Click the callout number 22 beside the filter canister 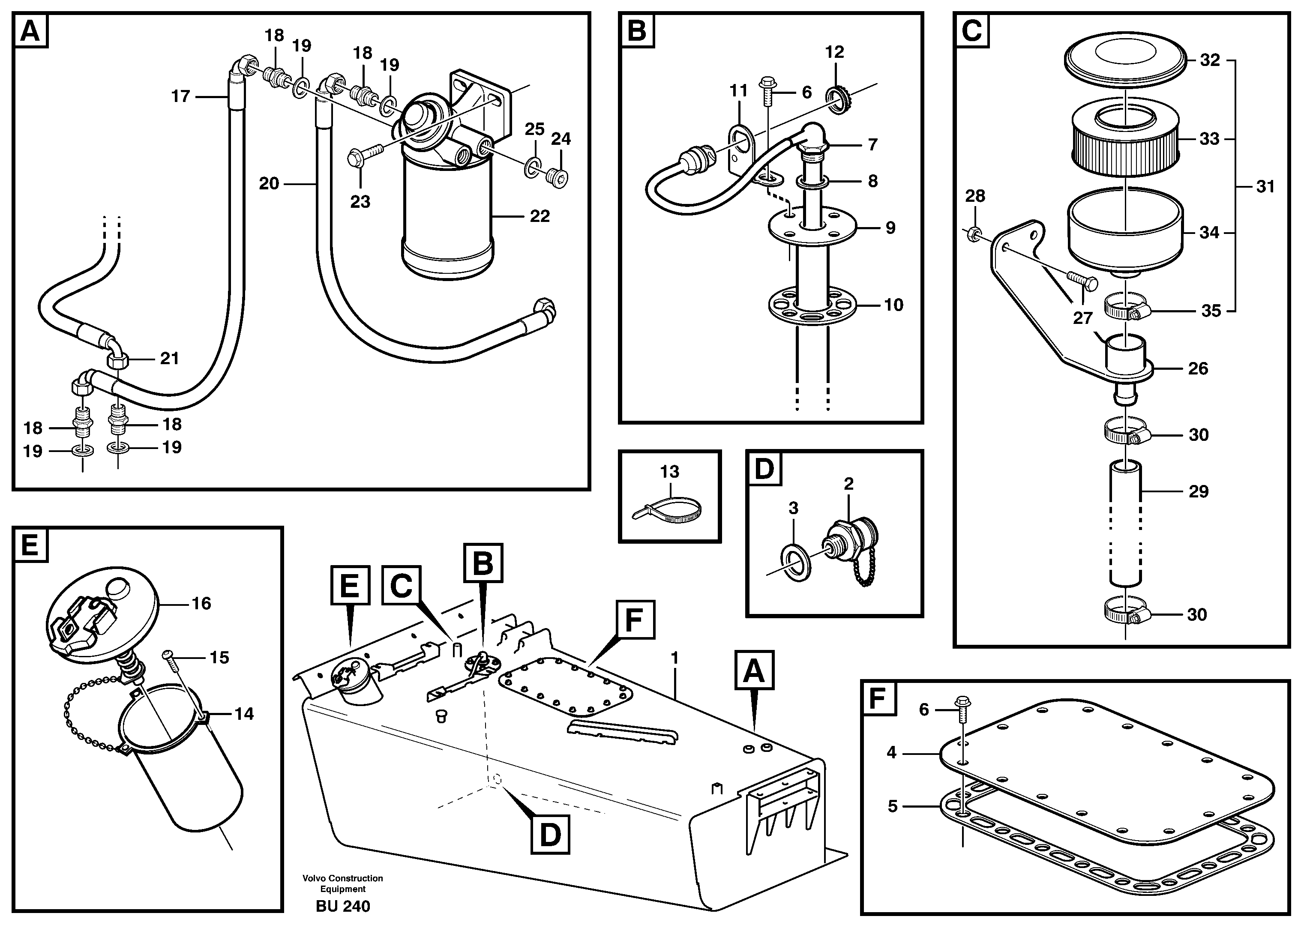(540, 216)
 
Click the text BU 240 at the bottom (343, 906)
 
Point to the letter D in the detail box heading (764, 469)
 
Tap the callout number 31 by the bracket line (1265, 186)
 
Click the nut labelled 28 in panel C (972, 233)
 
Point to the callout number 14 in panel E (244, 714)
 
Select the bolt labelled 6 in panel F (962, 703)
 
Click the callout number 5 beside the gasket (893, 806)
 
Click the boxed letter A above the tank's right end (753, 670)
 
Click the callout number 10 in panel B (893, 305)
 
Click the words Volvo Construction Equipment (343, 883)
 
